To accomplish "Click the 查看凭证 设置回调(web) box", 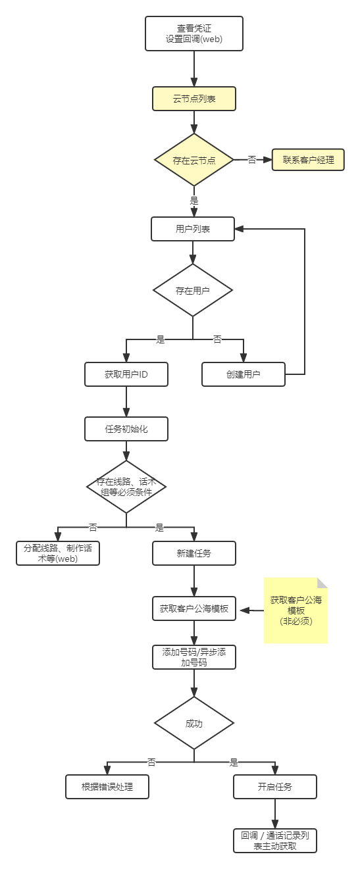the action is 194,34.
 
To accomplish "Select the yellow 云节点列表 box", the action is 194,99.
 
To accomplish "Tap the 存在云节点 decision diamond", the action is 194,160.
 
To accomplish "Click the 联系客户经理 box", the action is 308,159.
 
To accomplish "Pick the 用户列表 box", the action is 193,229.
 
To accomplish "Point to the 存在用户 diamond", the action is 193,290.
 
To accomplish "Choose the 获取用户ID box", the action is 126,374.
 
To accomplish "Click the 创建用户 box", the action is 244,374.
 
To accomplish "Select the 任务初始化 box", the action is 126,429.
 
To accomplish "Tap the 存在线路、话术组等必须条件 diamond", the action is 126,487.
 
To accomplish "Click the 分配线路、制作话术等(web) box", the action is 58,553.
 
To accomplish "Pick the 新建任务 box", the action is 194,553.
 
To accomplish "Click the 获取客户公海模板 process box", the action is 194,608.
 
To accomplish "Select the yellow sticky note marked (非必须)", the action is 296,610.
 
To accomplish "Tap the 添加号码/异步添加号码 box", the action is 194,657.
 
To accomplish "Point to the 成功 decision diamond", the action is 194,723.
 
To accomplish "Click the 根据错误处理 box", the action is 107,787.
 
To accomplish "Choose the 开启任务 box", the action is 275,787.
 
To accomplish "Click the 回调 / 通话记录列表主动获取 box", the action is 275,841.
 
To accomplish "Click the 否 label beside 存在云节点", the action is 252,160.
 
